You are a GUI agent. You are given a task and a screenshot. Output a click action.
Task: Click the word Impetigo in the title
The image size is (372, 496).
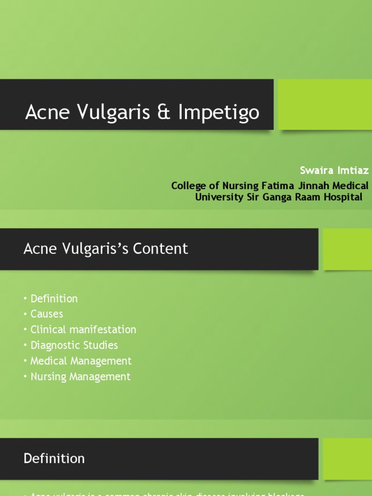click(219, 112)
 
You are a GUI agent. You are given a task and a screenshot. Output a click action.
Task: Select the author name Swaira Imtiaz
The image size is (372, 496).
click(334, 170)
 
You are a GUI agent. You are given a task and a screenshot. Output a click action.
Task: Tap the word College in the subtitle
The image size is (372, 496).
click(190, 186)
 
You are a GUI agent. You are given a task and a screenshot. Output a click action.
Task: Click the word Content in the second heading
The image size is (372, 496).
click(160, 248)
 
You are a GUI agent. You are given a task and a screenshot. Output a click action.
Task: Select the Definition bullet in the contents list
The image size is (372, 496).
click(54, 298)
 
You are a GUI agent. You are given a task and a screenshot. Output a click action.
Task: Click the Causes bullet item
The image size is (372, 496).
click(46, 314)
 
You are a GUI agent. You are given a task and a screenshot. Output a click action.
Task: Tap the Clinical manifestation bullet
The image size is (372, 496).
click(83, 329)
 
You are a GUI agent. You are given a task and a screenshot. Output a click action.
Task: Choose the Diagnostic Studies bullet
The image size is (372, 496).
click(74, 345)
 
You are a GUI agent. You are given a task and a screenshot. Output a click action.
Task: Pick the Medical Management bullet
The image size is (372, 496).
click(81, 361)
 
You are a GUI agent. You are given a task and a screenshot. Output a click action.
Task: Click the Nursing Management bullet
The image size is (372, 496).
click(80, 376)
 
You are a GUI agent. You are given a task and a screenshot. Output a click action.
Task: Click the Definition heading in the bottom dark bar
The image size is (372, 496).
click(54, 458)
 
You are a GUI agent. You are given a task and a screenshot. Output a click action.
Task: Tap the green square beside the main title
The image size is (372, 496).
click(325, 105)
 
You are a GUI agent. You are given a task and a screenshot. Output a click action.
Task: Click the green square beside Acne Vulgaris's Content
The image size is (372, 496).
click(347, 249)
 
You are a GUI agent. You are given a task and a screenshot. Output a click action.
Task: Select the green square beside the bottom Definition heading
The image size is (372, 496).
click(347, 459)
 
